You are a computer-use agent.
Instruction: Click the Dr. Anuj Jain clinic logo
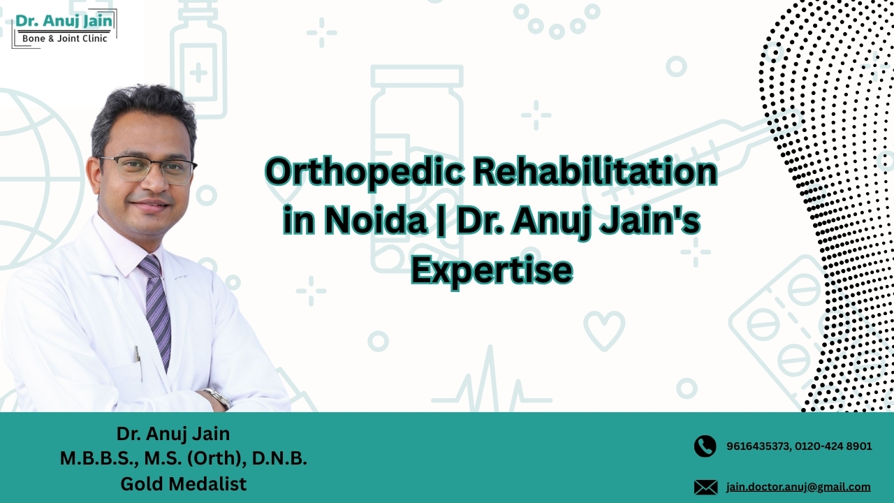pos(64,28)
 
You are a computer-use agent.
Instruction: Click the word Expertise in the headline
pos(491,270)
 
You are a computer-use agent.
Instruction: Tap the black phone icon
pos(705,446)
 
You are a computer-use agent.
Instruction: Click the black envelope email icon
pos(705,487)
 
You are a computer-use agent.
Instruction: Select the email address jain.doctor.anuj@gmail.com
pos(798,487)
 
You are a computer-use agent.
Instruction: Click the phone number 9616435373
pos(757,446)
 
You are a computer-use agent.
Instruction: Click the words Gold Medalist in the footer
pos(183,483)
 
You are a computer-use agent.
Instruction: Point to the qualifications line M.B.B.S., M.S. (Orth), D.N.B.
pos(183,458)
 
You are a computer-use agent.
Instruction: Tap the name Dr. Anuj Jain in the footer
pos(173,433)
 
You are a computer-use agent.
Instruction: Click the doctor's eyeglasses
pos(149,169)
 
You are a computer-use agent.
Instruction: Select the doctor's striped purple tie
pos(157,307)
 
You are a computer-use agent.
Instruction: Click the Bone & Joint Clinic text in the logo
pos(65,38)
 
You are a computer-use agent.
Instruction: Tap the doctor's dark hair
pos(143,112)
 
